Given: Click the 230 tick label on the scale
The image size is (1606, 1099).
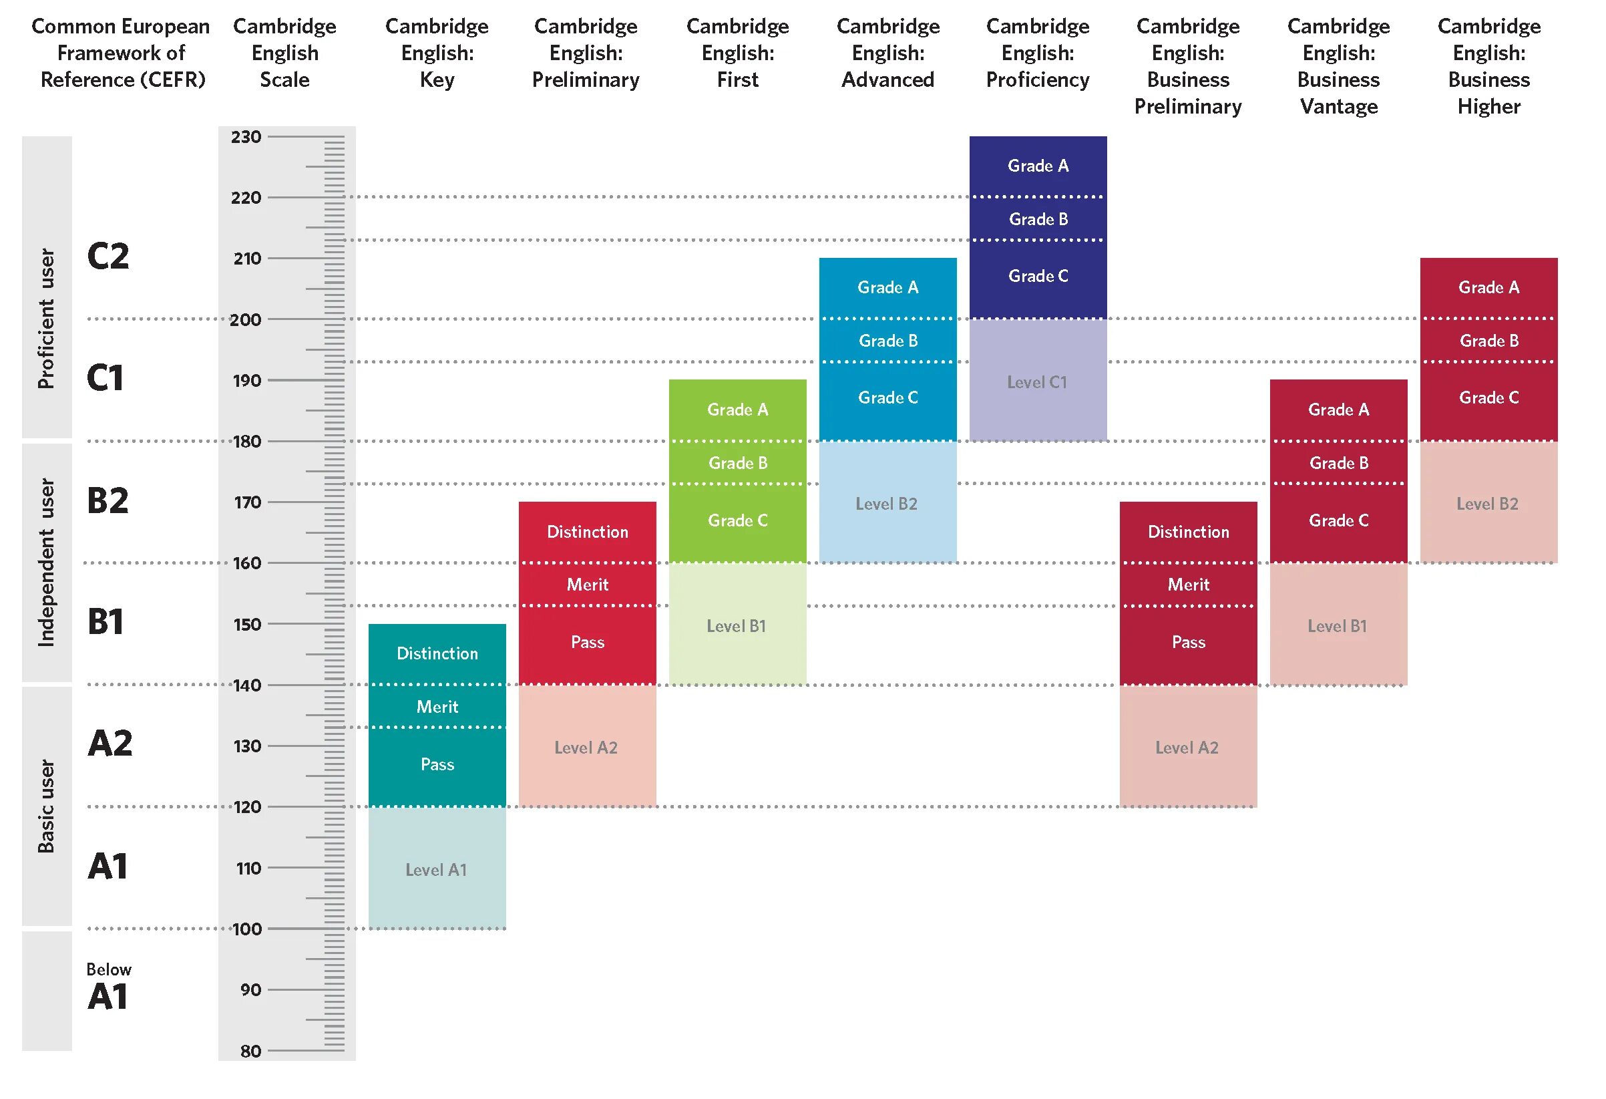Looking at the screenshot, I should click(246, 137).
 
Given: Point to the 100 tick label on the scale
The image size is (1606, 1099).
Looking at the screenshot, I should click(246, 929).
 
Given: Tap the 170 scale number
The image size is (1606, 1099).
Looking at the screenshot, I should click(246, 502).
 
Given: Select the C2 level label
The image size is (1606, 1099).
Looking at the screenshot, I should click(108, 257).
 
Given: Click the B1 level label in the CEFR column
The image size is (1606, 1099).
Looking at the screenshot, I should click(105, 621).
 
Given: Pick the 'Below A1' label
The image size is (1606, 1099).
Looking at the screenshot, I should click(108, 987).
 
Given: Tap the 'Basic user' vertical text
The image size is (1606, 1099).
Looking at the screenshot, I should click(46, 806).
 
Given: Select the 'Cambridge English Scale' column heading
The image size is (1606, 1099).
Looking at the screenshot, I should click(284, 53).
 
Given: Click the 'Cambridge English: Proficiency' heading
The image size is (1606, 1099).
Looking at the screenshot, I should click(1037, 53).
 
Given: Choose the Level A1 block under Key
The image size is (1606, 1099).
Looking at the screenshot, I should click(436, 870).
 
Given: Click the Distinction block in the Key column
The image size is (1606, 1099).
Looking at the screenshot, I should click(437, 653).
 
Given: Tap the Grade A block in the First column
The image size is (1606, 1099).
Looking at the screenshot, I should click(737, 409).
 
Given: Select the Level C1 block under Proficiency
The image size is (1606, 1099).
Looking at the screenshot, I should click(1036, 381).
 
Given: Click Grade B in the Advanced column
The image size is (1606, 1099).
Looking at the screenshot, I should click(888, 341).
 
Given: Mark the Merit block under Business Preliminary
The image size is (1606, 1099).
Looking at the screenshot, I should click(1188, 585).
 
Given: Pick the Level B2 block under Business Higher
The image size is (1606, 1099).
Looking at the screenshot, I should click(1487, 504).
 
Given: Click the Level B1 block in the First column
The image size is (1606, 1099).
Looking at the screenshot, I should click(736, 625).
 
